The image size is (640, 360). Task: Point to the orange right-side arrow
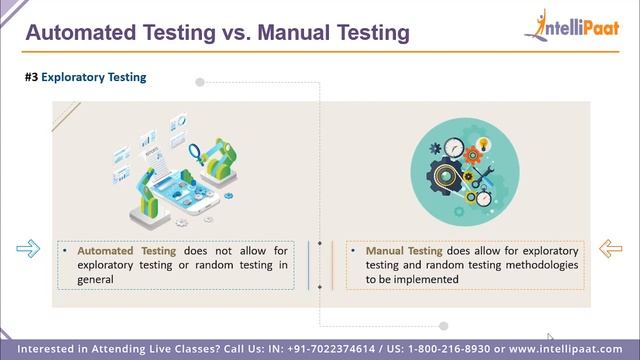(610, 248)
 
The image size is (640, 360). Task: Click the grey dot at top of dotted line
(200, 81)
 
